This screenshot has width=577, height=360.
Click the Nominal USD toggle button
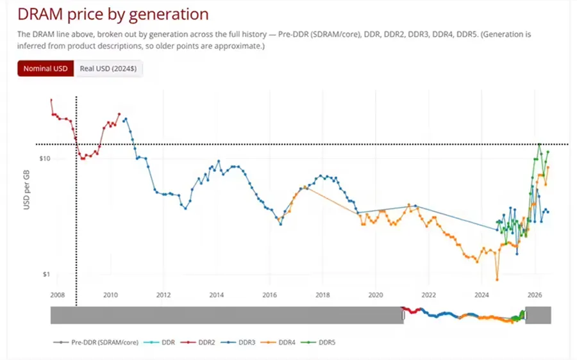tap(46, 69)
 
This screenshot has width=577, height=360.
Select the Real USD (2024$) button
tap(108, 69)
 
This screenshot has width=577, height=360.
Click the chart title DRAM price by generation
tap(113, 14)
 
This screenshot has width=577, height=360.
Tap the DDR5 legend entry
tap(318, 342)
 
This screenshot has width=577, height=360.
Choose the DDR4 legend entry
tap(278, 342)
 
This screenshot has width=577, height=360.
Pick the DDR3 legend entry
tap(238, 342)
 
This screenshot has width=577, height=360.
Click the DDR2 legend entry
tap(197, 342)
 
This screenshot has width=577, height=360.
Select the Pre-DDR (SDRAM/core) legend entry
tap(96, 342)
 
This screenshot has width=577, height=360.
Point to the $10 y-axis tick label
tap(45, 159)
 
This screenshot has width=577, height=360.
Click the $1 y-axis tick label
tap(46, 274)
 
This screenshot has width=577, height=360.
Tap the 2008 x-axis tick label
tap(58, 295)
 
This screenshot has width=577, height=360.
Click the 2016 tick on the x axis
tap(270, 295)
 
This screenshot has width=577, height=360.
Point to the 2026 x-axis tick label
tap(535, 295)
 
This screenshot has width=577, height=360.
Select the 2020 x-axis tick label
tap(376, 295)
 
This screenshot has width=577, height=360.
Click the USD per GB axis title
tap(26, 190)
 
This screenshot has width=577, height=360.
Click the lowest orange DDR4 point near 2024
tap(497, 279)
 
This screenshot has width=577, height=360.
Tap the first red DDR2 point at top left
tap(51, 100)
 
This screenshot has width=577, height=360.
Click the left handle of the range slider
tap(403, 315)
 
